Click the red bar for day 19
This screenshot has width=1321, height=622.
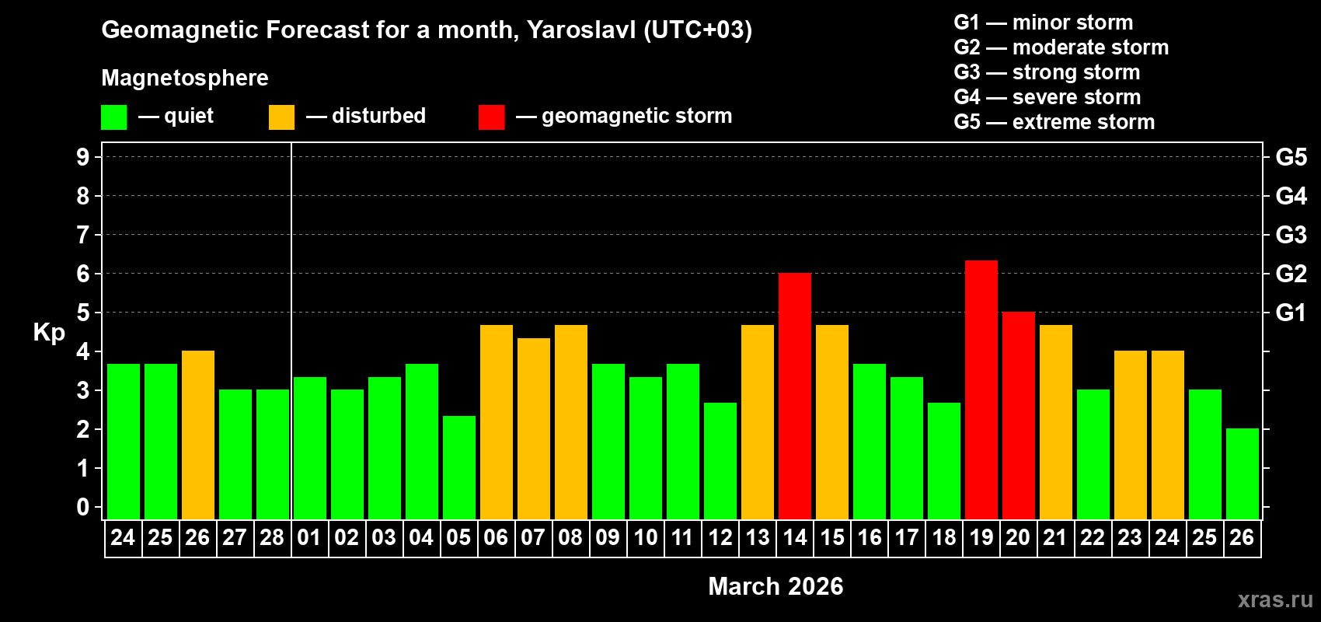coord(981,389)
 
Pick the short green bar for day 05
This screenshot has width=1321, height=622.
coord(458,466)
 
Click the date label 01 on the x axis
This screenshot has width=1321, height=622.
coord(309,538)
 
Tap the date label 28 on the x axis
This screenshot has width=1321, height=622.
coord(272,538)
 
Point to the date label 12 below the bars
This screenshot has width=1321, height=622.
coord(720,538)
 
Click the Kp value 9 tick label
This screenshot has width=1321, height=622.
coord(83,157)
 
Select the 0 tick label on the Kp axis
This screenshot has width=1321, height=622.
coord(83,507)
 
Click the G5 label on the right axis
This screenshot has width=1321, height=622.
coord(1291,157)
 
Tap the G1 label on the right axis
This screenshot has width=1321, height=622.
coord(1291,313)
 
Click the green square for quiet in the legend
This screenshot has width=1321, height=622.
coord(113,117)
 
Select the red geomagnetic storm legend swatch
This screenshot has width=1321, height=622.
coord(491,117)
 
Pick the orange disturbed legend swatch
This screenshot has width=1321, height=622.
coord(281,117)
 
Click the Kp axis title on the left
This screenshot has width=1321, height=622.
coord(49,332)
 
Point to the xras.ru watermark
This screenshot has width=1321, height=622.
coord(1275,599)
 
